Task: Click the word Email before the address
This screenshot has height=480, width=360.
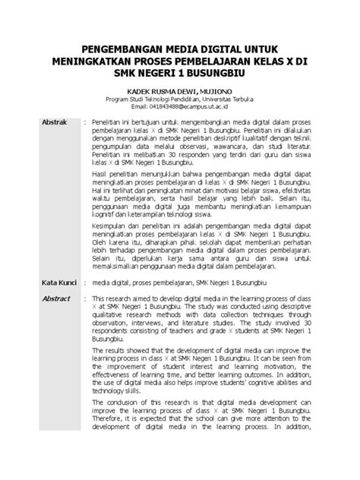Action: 141,108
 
